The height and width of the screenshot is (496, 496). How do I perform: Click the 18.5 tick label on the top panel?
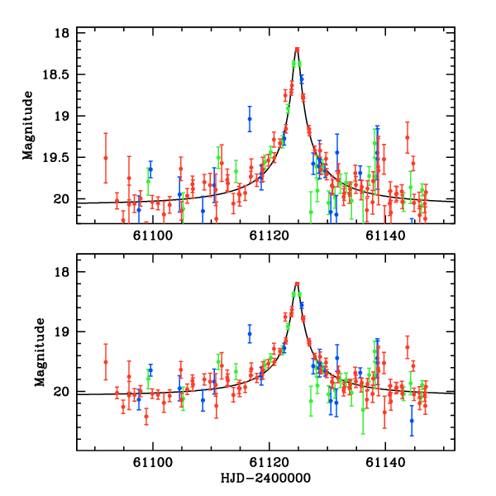click(56, 74)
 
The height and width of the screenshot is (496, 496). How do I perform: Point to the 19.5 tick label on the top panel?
click(56, 157)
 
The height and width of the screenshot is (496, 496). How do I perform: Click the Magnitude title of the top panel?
click(28, 126)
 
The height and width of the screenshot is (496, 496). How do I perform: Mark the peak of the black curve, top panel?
click(297, 50)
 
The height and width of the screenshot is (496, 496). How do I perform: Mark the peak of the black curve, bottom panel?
click(297, 284)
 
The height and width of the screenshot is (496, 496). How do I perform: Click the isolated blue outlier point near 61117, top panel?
click(250, 118)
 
